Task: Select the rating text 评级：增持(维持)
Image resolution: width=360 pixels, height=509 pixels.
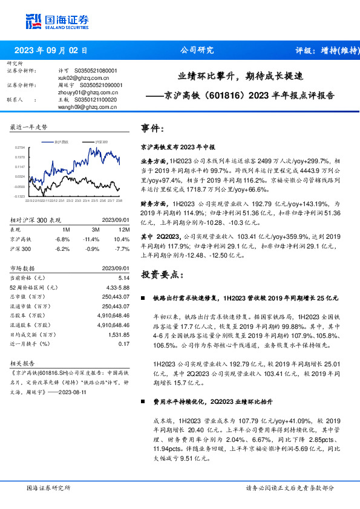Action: click(321, 51)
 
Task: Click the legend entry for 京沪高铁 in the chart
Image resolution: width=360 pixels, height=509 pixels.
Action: click(61, 141)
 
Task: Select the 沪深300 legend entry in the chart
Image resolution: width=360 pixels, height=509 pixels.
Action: click(100, 141)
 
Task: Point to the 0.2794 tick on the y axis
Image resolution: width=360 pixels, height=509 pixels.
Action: click(19, 147)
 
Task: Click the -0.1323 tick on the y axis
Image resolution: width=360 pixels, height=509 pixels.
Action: click(19, 196)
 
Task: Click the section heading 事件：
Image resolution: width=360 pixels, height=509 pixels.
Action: click(152, 128)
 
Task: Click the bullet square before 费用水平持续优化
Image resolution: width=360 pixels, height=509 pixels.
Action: click(142, 401)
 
